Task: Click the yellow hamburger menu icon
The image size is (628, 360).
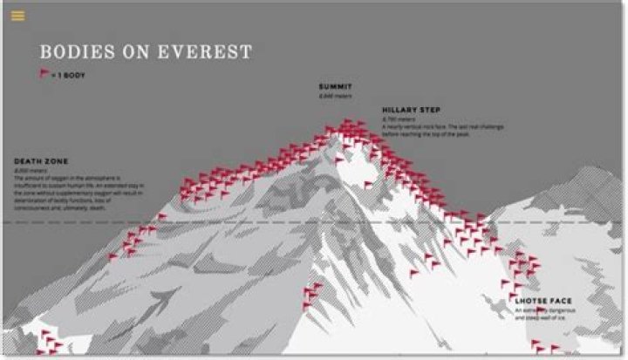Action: pyautogui.click(x=18, y=16)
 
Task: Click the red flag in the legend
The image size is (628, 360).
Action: pyautogui.click(x=44, y=74)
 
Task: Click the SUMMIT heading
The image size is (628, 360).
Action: pyautogui.click(x=337, y=88)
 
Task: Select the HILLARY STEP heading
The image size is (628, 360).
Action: pyautogui.click(x=411, y=110)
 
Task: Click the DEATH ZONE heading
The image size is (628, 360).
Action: pyautogui.click(x=42, y=161)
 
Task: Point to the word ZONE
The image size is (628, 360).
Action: pyautogui.click(x=56, y=161)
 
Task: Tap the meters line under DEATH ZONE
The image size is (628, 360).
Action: pyautogui.click(x=30, y=171)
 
